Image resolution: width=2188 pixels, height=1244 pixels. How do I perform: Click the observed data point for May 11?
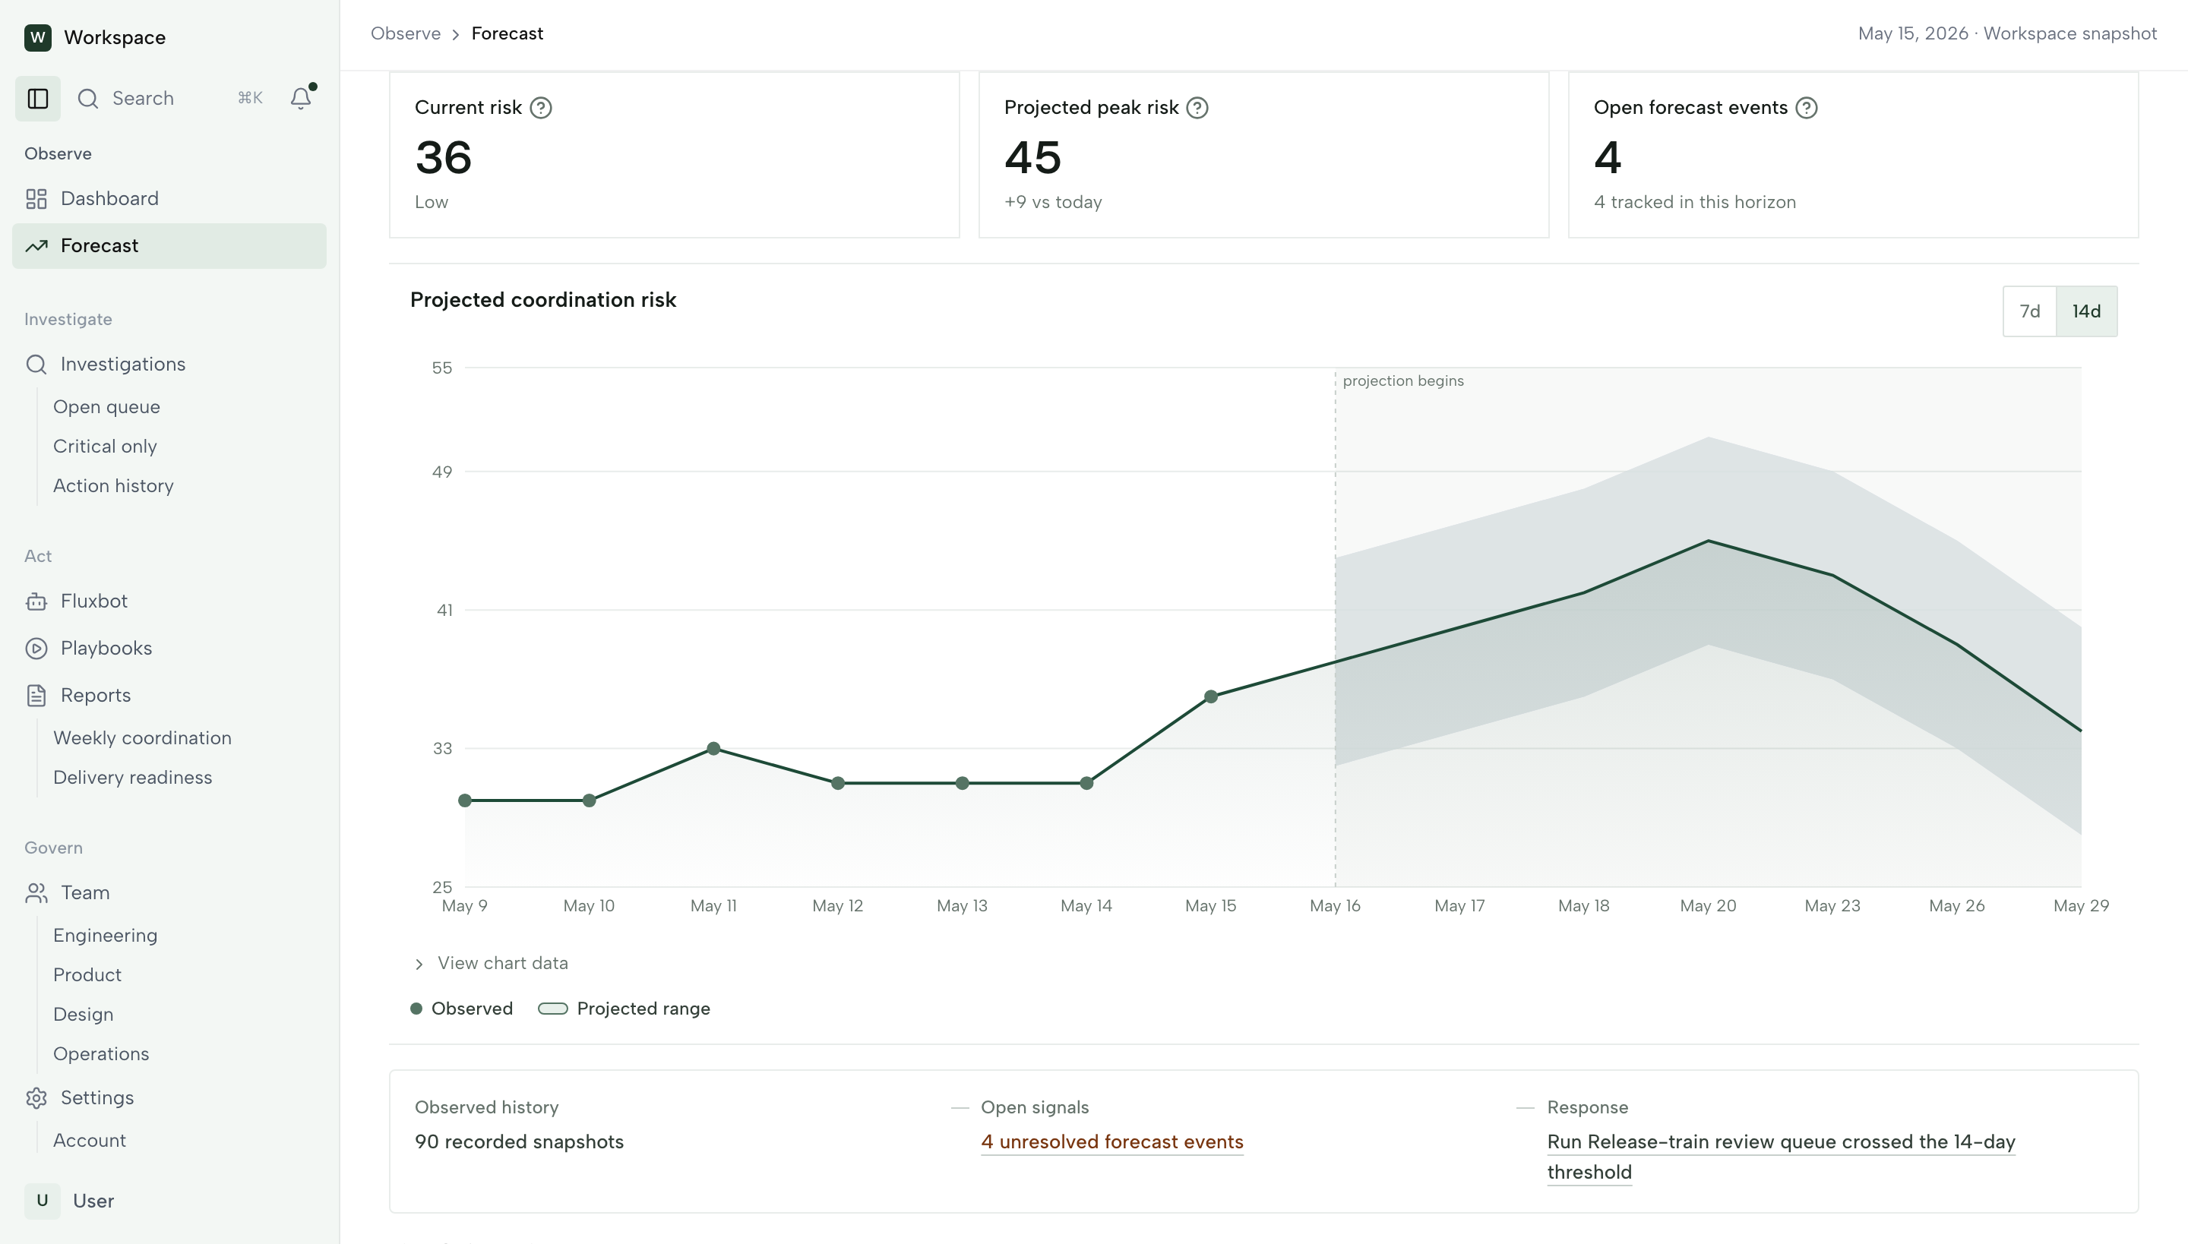[x=713, y=749]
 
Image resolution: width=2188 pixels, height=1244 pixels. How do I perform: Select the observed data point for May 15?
[x=1211, y=696]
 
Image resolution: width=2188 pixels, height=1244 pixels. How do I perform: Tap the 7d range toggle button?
[x=2030, y=311]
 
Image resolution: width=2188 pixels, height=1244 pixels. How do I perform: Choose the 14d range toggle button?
[x=2086, y=311]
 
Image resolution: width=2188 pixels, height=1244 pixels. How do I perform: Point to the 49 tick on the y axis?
[x=442, y=472]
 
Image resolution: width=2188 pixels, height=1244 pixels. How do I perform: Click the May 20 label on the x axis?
[x=1708, y=905]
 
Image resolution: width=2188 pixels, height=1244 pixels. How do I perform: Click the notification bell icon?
[x=301, y=98]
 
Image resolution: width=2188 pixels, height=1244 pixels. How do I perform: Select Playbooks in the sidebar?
[x=106, y=648]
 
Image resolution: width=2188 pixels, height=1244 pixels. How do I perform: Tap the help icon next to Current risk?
[x=541, y=108]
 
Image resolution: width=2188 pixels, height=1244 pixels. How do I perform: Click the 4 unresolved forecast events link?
[x=1112, y=1141]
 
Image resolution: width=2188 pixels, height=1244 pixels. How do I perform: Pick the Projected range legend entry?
[x=624, y=1009]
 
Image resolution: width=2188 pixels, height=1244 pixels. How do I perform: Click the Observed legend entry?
[x=462, y=1009]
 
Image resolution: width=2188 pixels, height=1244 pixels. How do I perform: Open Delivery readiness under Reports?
[x=132, y=778]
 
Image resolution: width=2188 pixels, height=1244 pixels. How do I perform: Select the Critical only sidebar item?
[x=105, y=446]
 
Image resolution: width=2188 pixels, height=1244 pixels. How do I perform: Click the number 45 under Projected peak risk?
[x=1032, y=157]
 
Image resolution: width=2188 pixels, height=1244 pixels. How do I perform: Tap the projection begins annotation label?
[x=1403, y=381]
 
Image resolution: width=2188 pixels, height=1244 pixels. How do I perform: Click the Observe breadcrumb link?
[x=406, y=33]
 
